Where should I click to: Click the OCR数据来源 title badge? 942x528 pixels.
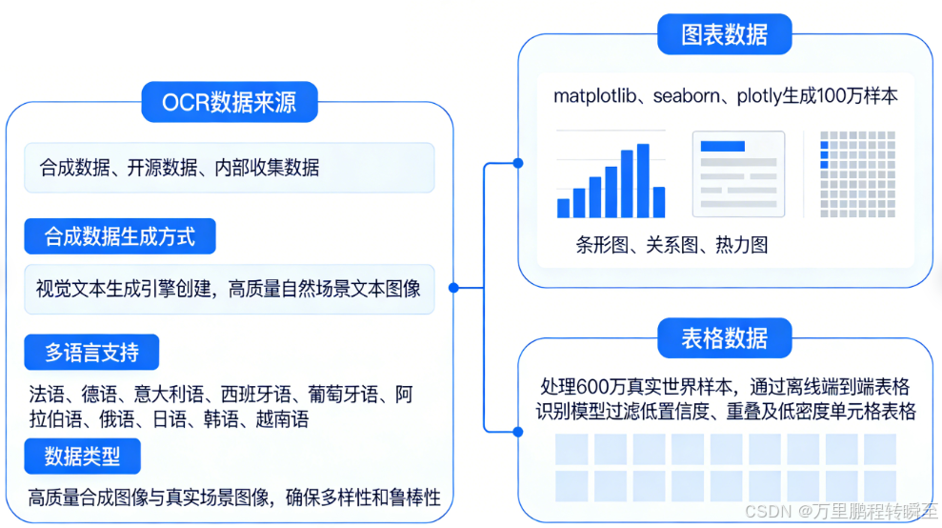click(x=230, y=102)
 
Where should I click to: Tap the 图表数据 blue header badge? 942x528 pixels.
click(x=725, y=35)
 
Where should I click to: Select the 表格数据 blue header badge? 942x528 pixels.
click(x=725, y=337)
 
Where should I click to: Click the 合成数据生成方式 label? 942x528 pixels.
click(x=120, y=236)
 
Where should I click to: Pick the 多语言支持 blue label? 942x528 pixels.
click(x=92, y=353)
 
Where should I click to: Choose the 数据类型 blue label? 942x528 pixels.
click(x=83, y=456)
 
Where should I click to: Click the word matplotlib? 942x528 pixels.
click(x=597, y=96)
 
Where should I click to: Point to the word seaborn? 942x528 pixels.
click(x=689, y=96)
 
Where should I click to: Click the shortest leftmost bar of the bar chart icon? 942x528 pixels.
click(x=563, y=208)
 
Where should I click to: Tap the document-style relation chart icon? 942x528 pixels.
click(x=738, y=173)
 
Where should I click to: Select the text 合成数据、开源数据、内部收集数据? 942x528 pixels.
click(x=180, y=169)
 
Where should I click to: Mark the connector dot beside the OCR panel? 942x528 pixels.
click(x=453, y=287)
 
